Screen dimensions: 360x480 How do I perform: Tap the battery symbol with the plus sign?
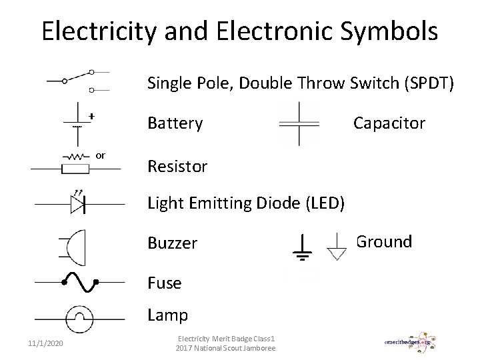point(79,123)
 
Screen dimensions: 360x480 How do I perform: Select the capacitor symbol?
point(299,123)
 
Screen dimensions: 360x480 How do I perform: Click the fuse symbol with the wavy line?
point(79,283)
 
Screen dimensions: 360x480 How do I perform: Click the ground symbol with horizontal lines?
point(303,249)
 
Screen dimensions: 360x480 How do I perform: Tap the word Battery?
point(175,123)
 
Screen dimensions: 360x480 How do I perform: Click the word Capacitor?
point(389,123)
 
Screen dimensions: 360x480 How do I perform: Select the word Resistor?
point(177,166)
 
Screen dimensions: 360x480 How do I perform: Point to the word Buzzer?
point(172,243)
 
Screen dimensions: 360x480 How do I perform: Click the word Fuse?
point(164,283)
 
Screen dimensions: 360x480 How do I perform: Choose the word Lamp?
point(167,315)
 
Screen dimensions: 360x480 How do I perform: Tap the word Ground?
point(384,241)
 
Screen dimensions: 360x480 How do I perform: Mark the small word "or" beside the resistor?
point(101,155)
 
